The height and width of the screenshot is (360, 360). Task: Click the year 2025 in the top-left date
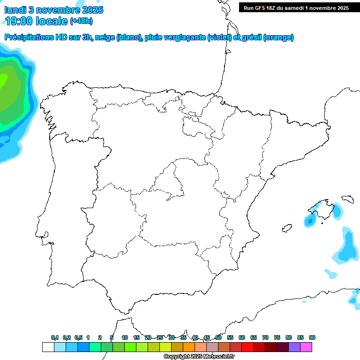pos(92,10)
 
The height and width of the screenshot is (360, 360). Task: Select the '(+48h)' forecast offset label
pos(82,21)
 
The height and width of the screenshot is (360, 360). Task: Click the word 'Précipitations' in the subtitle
pos(31,37)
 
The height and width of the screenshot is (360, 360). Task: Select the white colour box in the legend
pos(48,347)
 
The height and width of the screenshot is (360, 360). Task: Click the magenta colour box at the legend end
pos(306,347)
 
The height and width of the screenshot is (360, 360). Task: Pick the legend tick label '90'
pos(312,338)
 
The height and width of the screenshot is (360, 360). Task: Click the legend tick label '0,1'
pos(55,338)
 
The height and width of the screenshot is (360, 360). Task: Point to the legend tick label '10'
pos(125,338)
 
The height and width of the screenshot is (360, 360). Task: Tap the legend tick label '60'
pos(242,338)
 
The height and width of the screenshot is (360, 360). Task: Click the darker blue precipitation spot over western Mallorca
pos(309,220)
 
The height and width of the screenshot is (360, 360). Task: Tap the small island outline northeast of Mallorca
pos(347,199)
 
